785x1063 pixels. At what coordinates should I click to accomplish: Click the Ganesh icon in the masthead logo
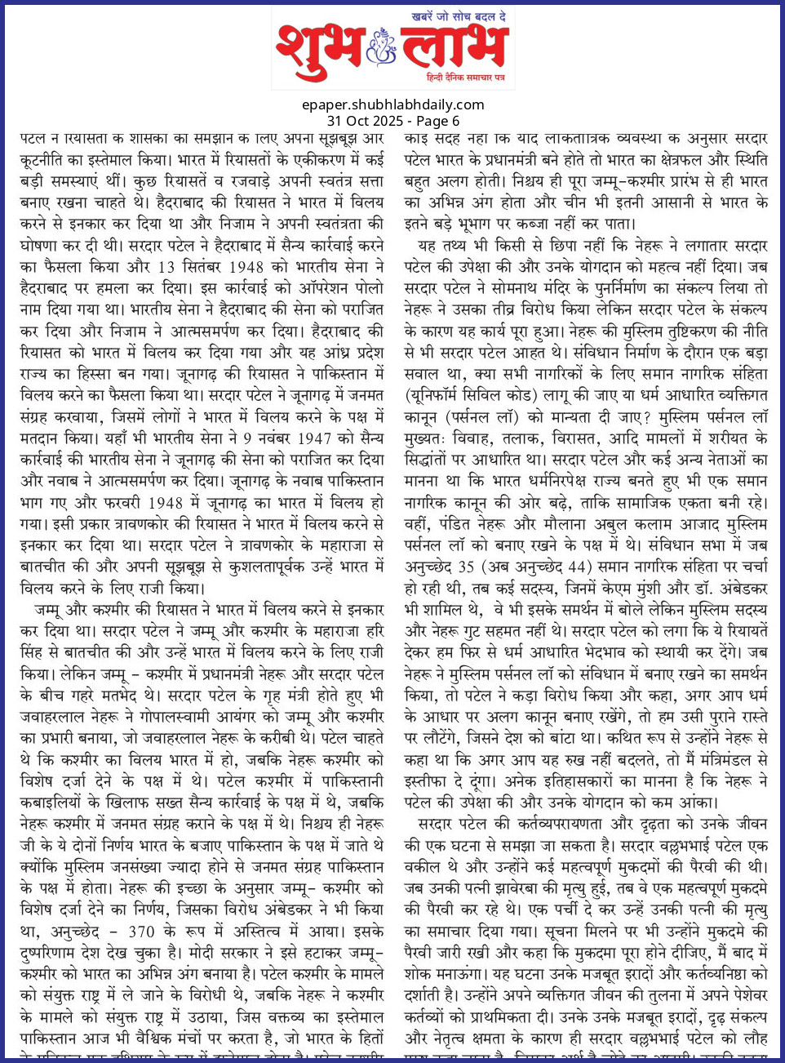click(380, 47)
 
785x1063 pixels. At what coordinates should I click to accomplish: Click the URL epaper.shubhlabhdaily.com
click(392, 105)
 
